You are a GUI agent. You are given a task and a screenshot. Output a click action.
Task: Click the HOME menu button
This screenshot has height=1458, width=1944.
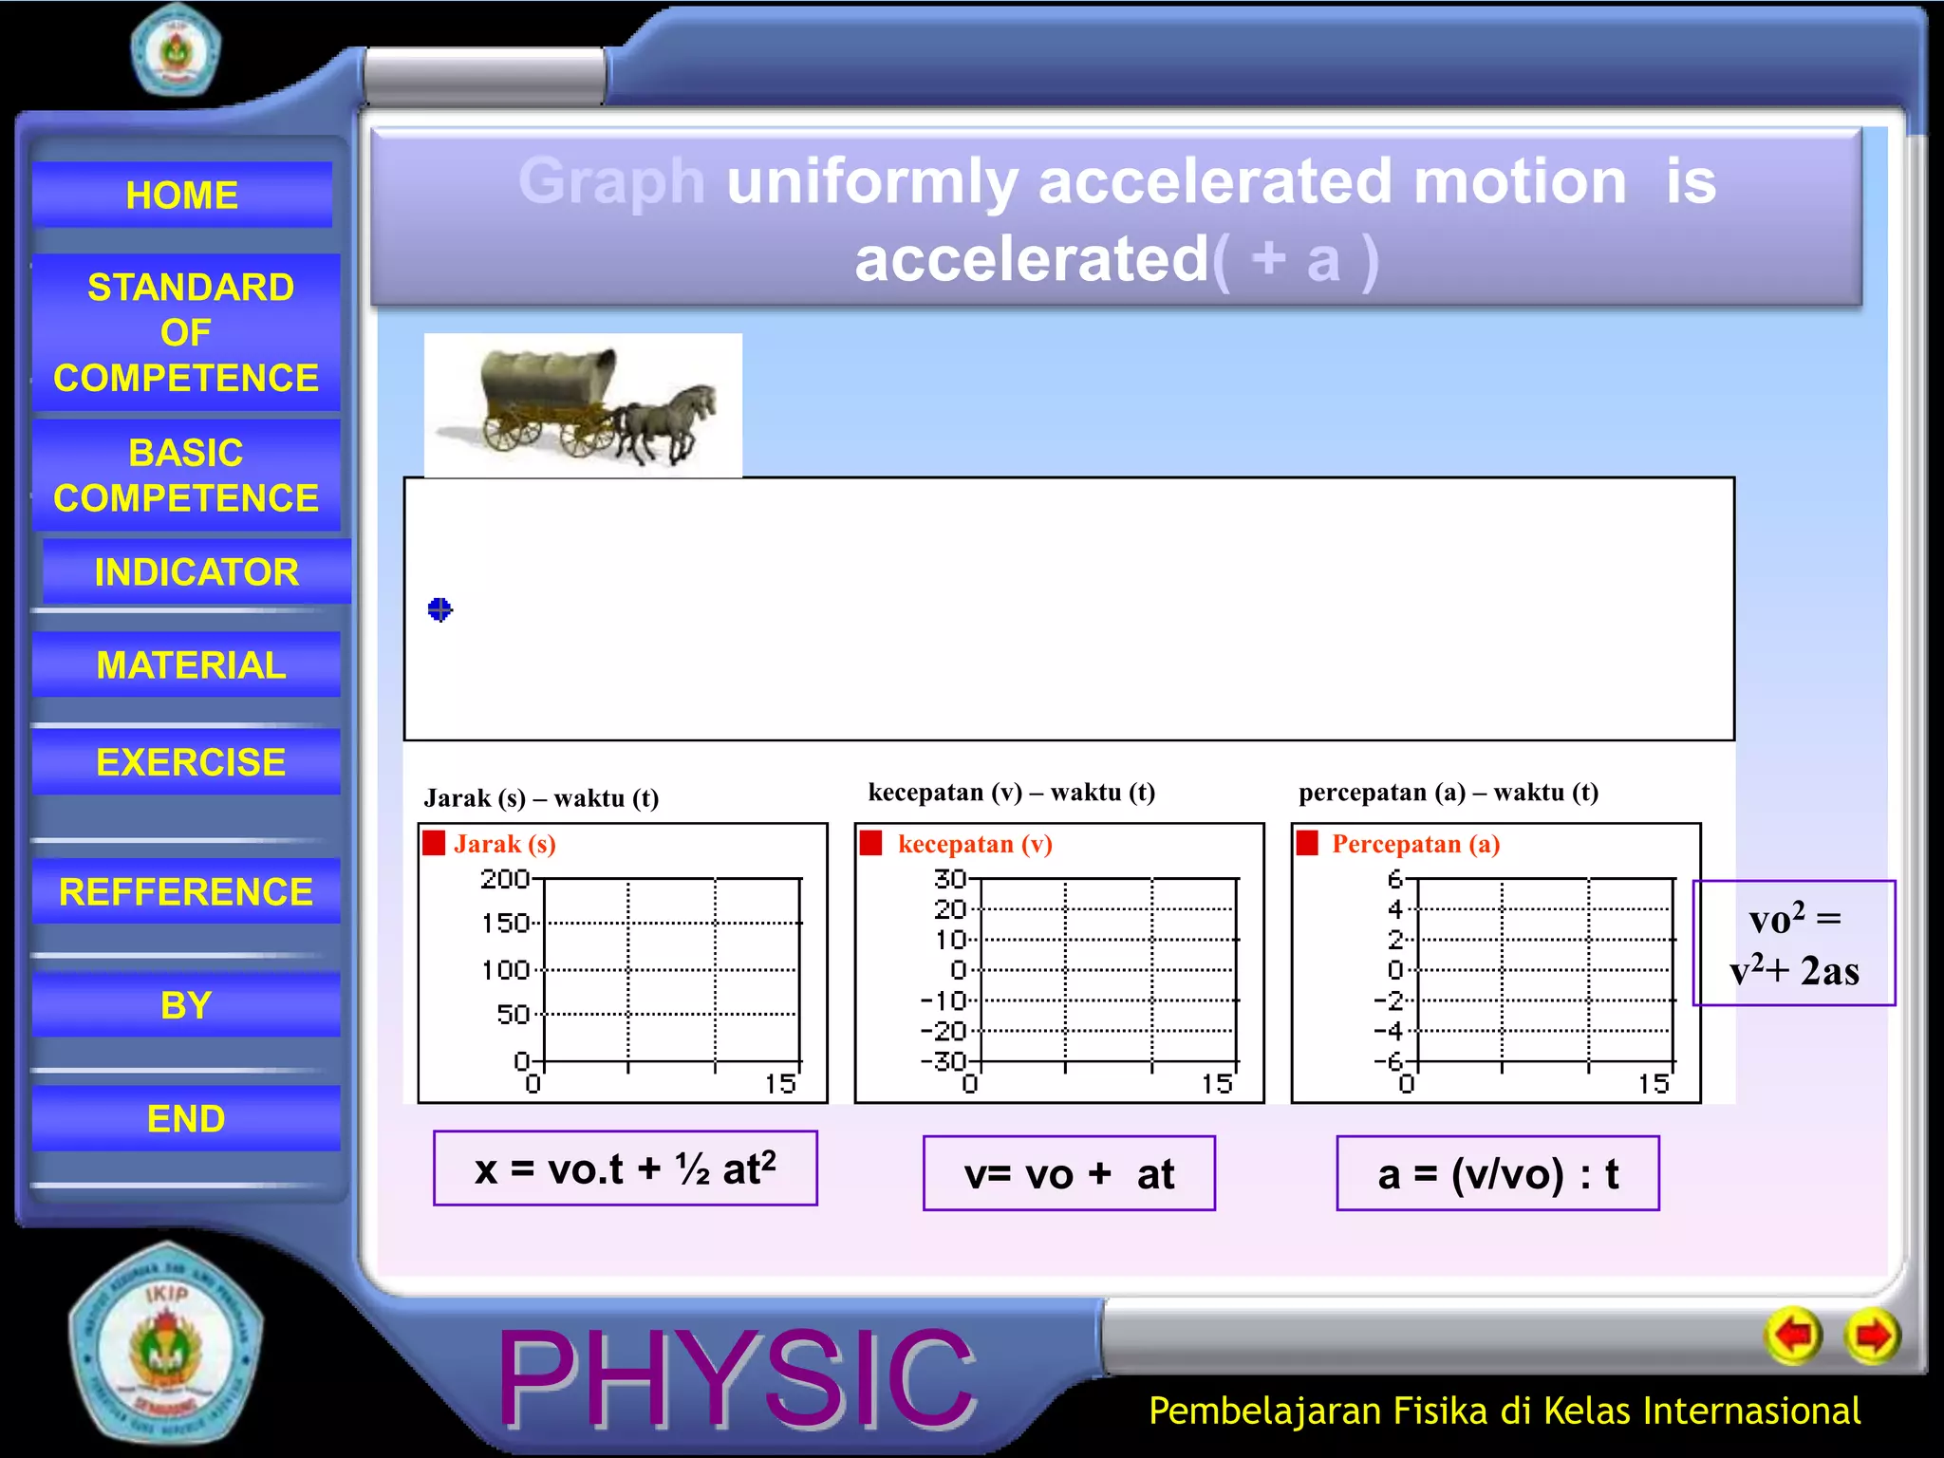(181, 195)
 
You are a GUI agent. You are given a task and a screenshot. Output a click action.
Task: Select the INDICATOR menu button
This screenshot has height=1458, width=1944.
(196, 571)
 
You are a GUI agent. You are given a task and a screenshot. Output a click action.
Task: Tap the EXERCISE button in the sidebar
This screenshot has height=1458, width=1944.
(190, 761)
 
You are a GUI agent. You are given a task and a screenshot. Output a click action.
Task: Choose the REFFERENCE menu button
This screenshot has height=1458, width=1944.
(186, 891)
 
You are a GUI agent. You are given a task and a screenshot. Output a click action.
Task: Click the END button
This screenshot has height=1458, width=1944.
(186, 1118)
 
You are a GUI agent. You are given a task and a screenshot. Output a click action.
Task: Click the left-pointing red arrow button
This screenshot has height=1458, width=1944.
(1793, 1336)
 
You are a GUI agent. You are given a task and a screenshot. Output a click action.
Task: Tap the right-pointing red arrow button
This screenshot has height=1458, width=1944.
(1872, 1336)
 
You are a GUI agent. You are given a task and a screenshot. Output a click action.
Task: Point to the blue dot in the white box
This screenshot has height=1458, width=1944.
(439, 609)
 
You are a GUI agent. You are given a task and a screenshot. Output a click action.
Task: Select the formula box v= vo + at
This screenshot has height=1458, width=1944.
(1069, 1174)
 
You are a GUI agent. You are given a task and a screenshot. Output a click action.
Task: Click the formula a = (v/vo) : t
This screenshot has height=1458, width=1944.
(1498, 1174)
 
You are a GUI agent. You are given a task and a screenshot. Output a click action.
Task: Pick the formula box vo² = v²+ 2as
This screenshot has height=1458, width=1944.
(1794, 944)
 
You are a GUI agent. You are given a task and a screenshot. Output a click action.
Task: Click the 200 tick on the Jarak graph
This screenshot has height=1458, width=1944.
(505, 879)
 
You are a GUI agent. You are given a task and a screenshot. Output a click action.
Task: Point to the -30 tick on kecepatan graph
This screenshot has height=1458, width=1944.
(944, 1061)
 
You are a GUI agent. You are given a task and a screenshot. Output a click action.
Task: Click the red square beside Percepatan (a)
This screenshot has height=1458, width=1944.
(1307, 843)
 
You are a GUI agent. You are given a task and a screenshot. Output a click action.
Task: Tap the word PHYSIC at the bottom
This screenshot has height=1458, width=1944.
(736, 1378)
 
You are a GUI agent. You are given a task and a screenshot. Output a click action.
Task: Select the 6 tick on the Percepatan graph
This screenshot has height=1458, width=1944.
(1394, 879)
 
